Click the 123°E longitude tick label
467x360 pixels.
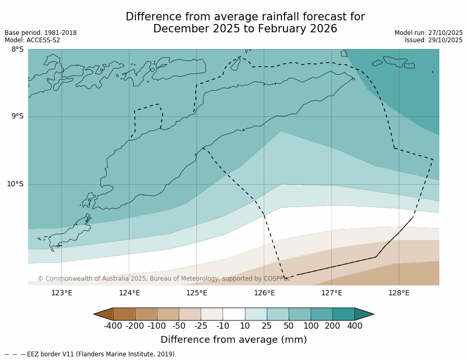62,293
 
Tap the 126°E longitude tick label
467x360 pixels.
264,293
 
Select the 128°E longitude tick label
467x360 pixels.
399,293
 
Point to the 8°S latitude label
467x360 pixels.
17,50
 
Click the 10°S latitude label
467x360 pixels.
15,184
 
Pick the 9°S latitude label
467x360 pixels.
17,116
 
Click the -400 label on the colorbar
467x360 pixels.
113,326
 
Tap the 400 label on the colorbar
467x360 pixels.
354,326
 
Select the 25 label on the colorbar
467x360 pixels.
266,326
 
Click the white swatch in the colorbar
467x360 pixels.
233,314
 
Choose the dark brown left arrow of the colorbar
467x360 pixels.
103,314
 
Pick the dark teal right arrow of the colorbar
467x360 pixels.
364,314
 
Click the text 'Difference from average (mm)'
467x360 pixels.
233,340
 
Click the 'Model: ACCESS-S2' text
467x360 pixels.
32,40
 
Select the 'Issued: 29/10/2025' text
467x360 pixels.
434,40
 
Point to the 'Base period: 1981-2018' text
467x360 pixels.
41,33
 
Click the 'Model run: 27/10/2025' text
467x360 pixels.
428,33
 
